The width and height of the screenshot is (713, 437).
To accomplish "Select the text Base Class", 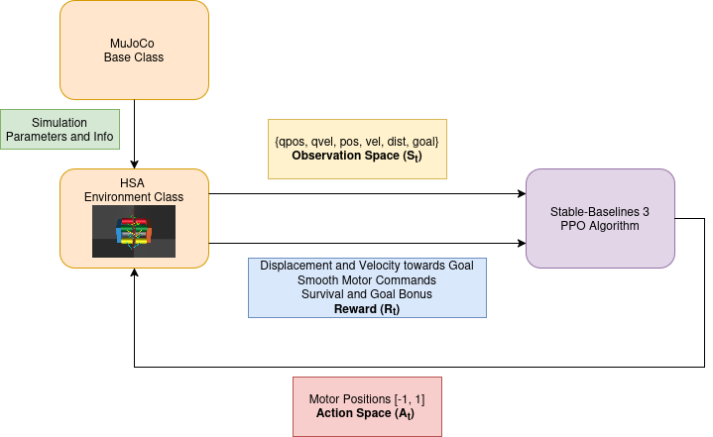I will (134, 57).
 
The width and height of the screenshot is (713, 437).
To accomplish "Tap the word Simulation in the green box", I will (59, 121).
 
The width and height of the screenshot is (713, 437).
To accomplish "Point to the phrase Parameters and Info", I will (59, 136).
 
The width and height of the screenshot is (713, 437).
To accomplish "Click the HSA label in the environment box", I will (134, 182).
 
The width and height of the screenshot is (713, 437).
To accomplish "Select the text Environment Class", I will (134, 197).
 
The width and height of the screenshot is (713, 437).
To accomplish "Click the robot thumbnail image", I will (134, 232).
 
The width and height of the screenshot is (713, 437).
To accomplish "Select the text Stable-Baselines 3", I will (600, 211).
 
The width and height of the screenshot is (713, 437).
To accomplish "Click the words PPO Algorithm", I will (600, 226).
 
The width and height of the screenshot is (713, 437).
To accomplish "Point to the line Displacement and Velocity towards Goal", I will (367, 266).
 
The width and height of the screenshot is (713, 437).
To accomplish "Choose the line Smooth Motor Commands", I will (367, 280).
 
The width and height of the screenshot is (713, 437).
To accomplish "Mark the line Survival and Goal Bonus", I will (367, 294).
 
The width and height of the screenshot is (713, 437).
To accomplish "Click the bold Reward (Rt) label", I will (367, 309).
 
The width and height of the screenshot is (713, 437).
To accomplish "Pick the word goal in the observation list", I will (430, 142).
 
